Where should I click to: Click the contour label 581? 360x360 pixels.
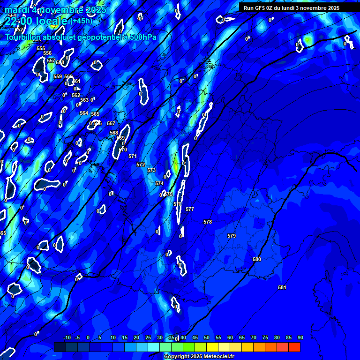282,287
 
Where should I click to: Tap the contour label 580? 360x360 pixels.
257,259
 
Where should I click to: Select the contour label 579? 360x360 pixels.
232,236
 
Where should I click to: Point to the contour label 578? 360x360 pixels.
208,222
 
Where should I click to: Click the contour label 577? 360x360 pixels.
190,209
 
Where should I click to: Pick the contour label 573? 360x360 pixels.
151,170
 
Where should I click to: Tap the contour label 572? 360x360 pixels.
141,165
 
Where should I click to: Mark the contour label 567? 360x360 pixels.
111,123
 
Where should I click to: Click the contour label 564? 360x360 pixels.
84,113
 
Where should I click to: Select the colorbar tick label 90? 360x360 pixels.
300,338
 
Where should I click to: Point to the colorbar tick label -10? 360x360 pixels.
67,338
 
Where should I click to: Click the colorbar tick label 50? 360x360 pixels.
207,338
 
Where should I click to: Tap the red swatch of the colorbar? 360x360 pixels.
294,347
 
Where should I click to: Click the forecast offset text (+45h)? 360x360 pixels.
81,21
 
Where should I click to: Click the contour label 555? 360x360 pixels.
41,48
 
